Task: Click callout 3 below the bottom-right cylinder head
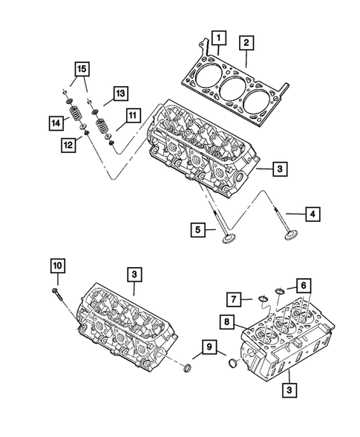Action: (x=286, y=388)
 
